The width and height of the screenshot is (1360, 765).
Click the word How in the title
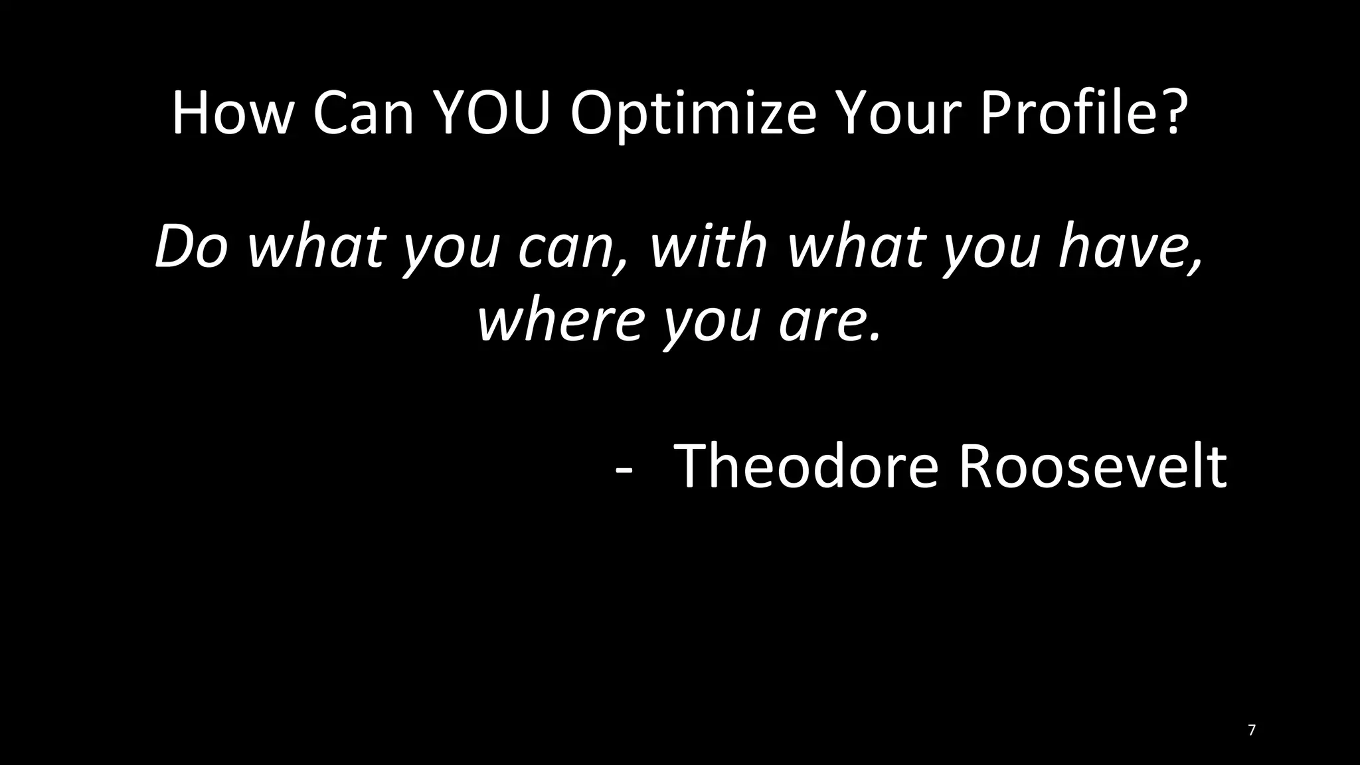232,113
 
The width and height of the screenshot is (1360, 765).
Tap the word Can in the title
363,113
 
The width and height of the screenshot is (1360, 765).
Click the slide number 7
1252,730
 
